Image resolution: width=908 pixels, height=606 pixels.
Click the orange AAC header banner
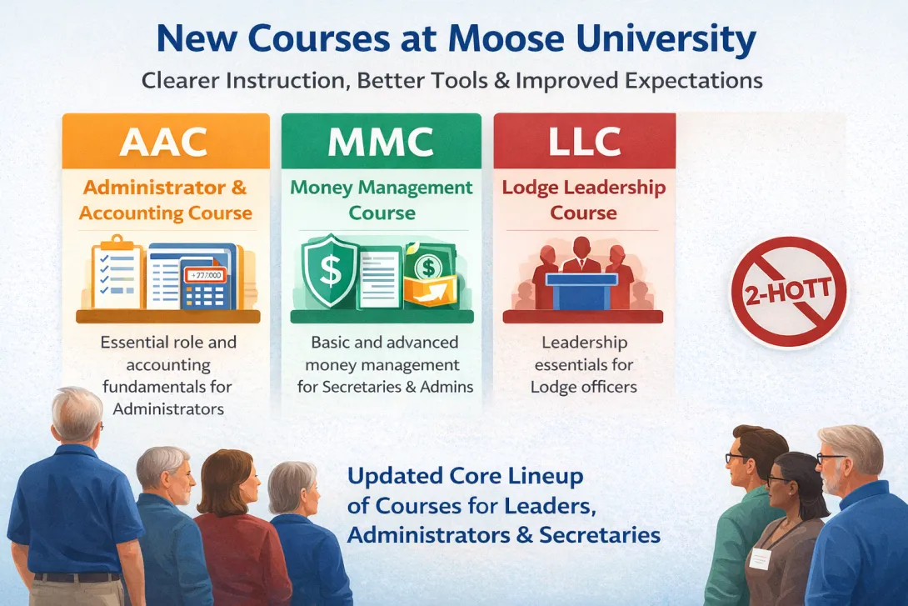point(166,141)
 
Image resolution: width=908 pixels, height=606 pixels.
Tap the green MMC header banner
point(382,141)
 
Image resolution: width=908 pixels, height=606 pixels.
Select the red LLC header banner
point(584,141)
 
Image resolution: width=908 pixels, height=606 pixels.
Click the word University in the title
point(673,40)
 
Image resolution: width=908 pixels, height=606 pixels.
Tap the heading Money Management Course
point(382,200)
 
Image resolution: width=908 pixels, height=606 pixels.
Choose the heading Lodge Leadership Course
point(584,200)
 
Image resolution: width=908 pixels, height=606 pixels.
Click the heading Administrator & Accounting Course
point(166,200)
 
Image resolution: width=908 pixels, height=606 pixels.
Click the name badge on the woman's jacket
point(759,558)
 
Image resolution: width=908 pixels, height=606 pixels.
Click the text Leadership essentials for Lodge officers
point(584,364)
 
